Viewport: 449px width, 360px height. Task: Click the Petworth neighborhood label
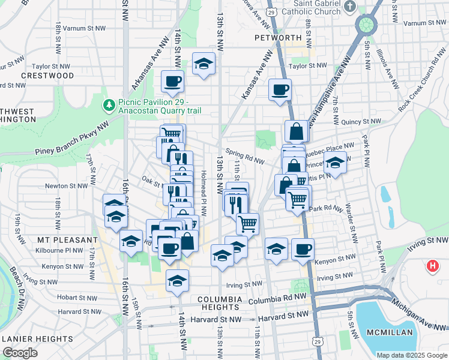(277, 37)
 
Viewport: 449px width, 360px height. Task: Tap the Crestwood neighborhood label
(47, 76)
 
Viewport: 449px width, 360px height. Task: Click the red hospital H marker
(432, 266)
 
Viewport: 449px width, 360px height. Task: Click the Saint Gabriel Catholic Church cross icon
(364, 6)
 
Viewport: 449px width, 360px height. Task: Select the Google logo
(20, 353)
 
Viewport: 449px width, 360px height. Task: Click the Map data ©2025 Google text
(411, 355)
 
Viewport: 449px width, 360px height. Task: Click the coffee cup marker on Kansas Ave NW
(280, 90)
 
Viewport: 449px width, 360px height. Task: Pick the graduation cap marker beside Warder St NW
(335, 163)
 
